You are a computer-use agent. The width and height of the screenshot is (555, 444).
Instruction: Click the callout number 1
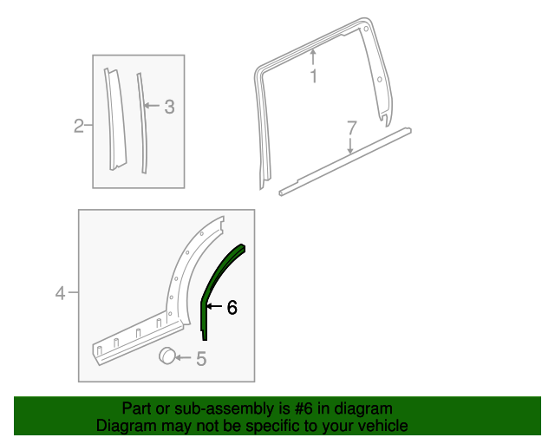coord(314,76)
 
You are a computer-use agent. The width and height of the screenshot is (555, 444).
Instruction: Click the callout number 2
coord(78,127)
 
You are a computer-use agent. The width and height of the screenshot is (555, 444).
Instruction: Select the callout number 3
coord(169,107)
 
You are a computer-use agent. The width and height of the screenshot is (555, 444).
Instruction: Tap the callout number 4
coord(61,294)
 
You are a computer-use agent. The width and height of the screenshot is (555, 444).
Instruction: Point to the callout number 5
coord(201,358)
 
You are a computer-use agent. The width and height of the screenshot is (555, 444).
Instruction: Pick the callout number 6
coord(232,307)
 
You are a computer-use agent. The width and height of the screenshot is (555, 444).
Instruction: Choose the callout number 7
coord(351,128)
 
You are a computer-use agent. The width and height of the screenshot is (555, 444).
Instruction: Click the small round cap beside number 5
coord(166,356)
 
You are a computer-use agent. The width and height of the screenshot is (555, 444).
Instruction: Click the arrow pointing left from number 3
coord(152,107)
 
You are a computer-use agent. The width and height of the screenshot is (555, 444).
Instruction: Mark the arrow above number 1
coord(314,57)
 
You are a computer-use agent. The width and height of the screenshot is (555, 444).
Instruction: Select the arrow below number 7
coord(350,147)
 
